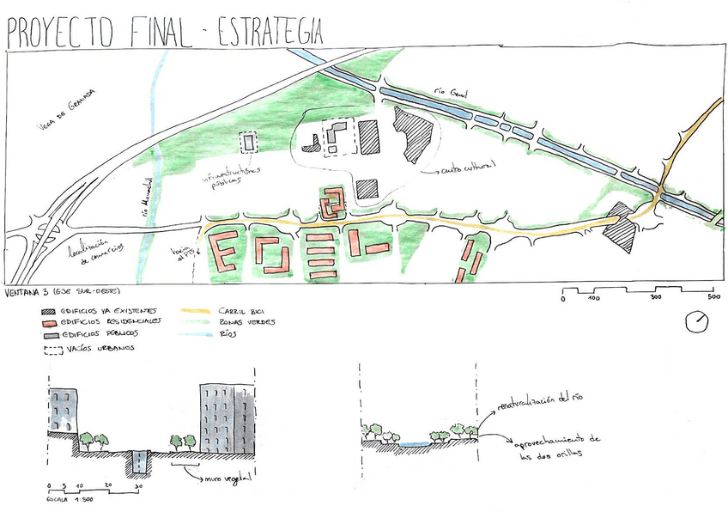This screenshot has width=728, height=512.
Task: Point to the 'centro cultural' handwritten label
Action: [x=467, y=169]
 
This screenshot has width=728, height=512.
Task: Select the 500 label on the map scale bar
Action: [x=713, y=297]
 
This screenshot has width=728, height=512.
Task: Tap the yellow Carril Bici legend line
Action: [x=197, y=309]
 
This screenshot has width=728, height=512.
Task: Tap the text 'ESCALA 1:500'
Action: [x=71, y=498]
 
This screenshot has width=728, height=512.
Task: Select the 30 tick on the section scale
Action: [x=137, y=486]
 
